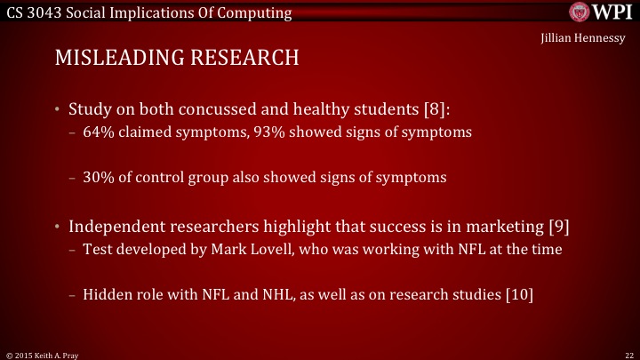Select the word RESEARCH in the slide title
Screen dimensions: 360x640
point(242,58)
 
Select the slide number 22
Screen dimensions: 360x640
point(628,354)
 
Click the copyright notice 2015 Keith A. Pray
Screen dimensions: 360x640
point(39,354)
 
